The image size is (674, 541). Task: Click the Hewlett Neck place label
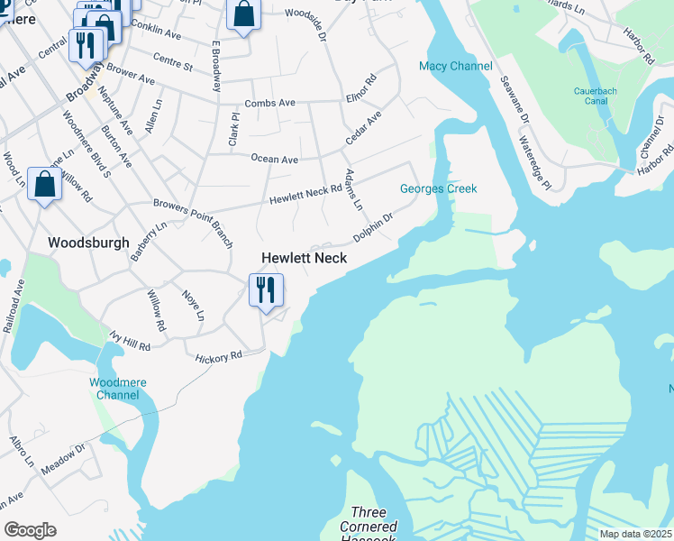[304, 258]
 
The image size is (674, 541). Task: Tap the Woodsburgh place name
[88, 243]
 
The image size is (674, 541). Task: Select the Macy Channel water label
[456, 66]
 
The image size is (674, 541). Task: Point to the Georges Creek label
[439, 188]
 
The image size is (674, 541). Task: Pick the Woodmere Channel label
[117, 389]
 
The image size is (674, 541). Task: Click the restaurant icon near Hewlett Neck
[266, 290]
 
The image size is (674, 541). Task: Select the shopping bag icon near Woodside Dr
[243, 15]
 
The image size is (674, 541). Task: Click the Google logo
[30, 530]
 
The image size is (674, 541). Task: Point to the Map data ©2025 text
[636, 534]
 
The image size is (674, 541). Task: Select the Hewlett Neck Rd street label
[306, 193]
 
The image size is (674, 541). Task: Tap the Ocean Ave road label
[274, 160]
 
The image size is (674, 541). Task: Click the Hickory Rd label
[219, 357]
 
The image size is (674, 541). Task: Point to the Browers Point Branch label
[193, 221]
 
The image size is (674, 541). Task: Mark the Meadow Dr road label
[62, 458]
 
